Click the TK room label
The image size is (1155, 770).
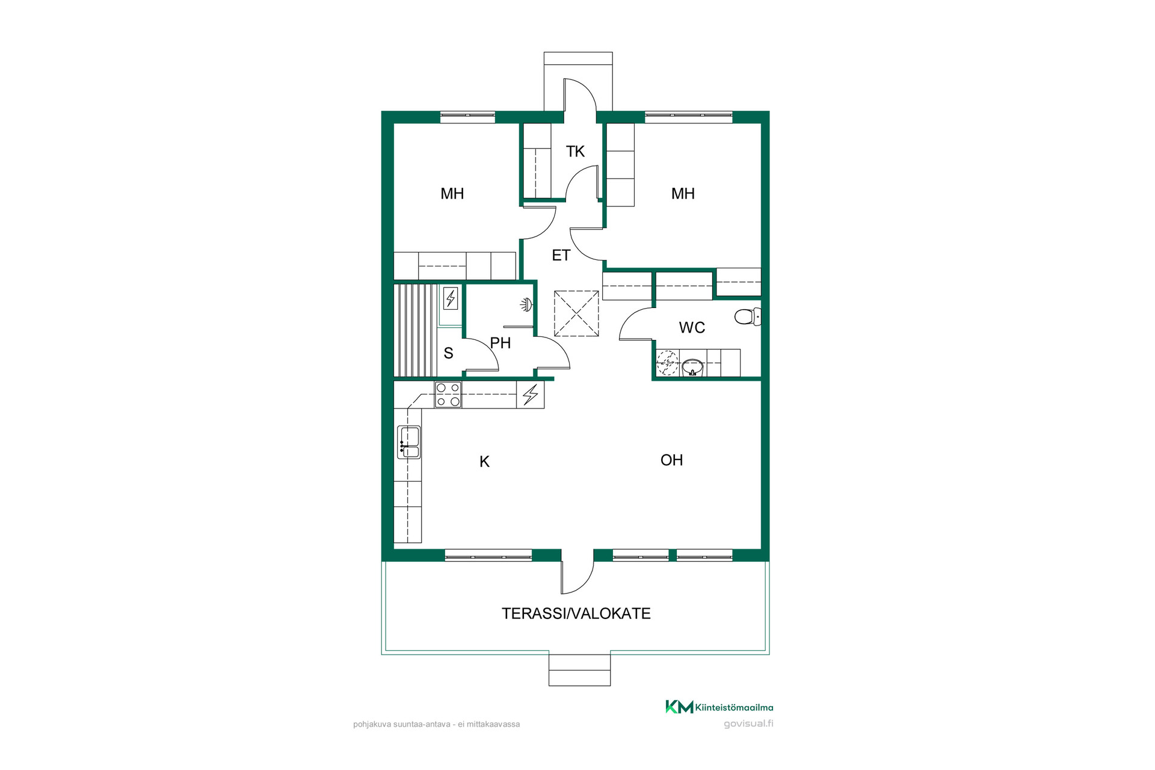pos(575,152)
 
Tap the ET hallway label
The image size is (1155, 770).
pos(561,256)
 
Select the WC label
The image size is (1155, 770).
pos(692,328)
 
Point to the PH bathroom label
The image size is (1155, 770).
pos(500,343)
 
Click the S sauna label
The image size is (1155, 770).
pos(448,353)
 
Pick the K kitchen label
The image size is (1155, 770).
pos(484,462)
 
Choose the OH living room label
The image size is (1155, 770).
pos(671,460)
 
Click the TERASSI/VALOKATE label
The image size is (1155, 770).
pos(576,614)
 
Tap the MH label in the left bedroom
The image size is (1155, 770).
pos(452,194)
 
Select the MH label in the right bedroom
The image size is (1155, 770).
pos(683,194)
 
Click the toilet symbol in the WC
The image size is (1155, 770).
pos(748,316)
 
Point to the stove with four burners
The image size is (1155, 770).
pos(448,395)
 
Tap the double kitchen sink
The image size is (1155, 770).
pos(409,442)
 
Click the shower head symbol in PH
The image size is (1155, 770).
pos(526,305)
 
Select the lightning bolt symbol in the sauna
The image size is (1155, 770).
pos(451,298)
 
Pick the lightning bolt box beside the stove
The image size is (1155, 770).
pos(530,395)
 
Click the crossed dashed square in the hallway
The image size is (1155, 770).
pos(576,313)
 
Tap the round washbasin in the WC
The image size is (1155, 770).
pos(692,367)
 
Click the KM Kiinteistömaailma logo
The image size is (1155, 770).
pos(719,707)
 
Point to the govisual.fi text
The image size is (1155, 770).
pos(748,724)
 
